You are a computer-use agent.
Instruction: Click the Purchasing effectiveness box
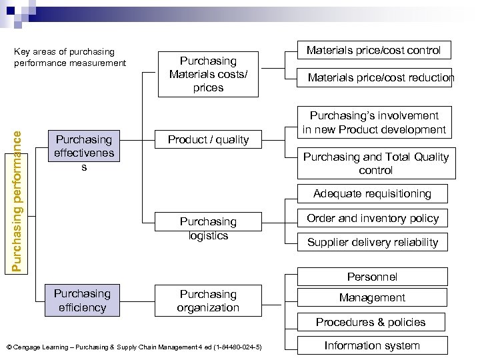coord(84,153)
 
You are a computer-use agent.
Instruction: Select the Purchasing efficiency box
coord(82,301)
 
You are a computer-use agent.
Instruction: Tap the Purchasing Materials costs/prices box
coord(208,74)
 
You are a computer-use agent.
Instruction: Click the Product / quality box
coord(208,139)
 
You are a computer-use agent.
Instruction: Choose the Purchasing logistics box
coord(208,229)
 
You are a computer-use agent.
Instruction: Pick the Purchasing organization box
coord(208,301)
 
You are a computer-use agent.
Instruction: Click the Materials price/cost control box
coord(373,50)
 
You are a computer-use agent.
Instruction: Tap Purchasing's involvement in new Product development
coord(373,123)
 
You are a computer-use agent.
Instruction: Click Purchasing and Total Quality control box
coord(376,163)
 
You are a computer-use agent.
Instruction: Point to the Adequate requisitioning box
coord(373,193)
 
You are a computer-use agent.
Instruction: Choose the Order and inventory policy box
coord(373,218)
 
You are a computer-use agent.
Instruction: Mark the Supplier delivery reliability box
coord(373,242)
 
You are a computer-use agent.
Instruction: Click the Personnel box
coord(372,277)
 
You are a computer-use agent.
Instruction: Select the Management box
coord(372,298)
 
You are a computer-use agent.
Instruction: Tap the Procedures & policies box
coord(371,322)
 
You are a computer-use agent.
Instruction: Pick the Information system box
coord(372,345)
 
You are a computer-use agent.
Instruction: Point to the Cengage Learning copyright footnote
coord(133,347)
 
